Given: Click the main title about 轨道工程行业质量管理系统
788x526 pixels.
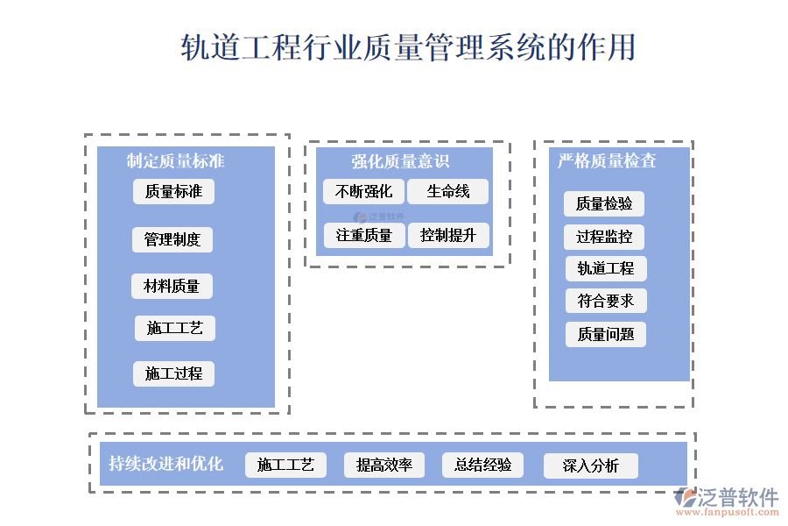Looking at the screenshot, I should coord(407,47).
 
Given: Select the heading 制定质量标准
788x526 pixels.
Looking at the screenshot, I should coord(175,160).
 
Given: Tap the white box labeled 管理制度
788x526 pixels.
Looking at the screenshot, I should coord(172,239).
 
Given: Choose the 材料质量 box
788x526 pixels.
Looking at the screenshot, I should coord(172,286).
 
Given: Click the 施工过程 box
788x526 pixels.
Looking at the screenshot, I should coord(173,373).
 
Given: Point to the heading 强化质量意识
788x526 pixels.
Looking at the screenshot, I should coord(400,160).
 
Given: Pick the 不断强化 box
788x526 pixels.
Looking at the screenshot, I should coord(363,191).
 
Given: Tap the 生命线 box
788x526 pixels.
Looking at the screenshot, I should coord(447,191).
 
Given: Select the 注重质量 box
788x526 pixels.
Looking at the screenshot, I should coord(363,235).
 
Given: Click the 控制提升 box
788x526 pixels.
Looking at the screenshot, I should coord(447,235).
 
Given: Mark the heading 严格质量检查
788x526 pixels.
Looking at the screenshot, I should coord(607,160).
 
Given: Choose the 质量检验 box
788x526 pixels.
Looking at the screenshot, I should coord(604,204).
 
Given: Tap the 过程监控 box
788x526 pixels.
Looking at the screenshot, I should coord(604,237).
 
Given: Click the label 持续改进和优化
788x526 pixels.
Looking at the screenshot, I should coord(165,464).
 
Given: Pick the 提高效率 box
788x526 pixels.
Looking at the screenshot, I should coord(383,465).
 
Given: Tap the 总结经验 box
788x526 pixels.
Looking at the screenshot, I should coord(482,465).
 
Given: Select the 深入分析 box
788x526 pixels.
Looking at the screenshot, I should coord(590,466).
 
